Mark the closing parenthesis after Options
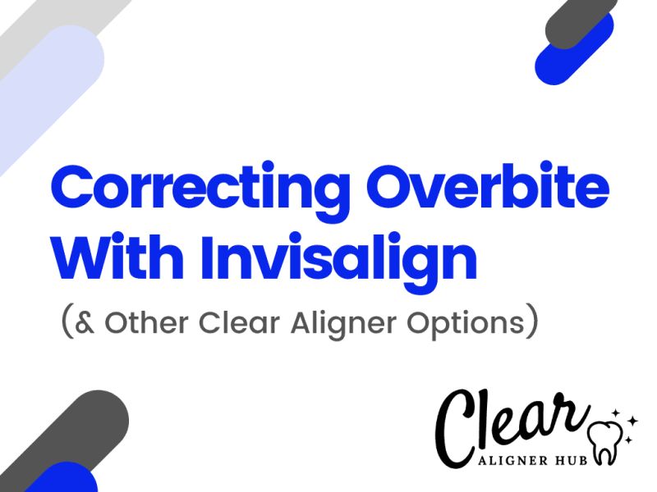point(532,322)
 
